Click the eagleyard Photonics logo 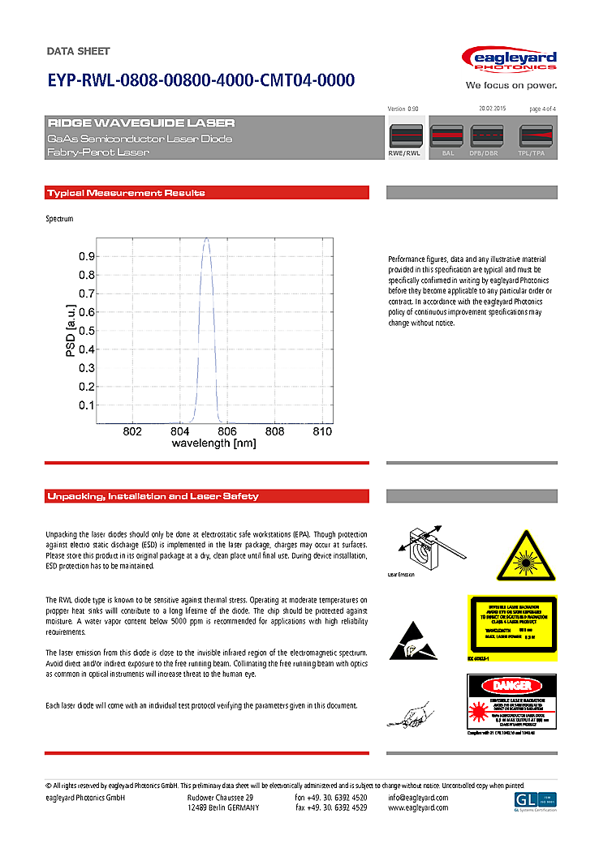coord(508,60)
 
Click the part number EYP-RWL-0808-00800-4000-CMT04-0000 coord(200,80)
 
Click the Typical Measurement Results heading coord(126,193)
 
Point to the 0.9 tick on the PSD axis coord(86,256)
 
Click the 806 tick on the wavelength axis coord(227,431)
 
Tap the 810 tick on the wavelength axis coord(322,431)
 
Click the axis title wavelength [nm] coord(213,443)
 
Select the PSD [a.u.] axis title coord(71,331)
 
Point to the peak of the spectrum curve coord(207,239)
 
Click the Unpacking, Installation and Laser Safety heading coord(153,496)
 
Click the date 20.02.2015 coord(492,109)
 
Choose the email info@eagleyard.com coord(418,798)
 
